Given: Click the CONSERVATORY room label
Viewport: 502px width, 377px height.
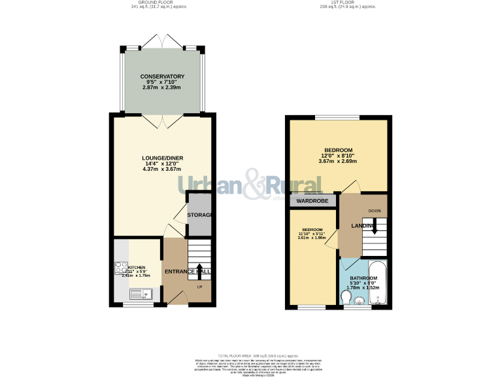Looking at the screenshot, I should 161,77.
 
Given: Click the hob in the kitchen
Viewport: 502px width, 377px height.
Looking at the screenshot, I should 122,267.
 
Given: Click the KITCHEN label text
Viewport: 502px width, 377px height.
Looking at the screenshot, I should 136,268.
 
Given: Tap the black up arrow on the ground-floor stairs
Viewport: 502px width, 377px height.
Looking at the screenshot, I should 200,268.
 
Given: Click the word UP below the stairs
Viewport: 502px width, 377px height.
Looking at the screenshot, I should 200,287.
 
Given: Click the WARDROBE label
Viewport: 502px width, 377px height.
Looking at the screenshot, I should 312,201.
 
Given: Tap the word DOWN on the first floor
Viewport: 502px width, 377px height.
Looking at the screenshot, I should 375,210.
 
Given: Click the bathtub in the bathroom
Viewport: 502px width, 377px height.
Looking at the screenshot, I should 378,283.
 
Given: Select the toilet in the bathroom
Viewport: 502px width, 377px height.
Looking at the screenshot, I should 346,298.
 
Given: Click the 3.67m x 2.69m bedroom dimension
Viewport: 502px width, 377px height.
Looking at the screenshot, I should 337,161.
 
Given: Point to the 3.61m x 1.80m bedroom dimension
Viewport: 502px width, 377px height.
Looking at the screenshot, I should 311,238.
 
